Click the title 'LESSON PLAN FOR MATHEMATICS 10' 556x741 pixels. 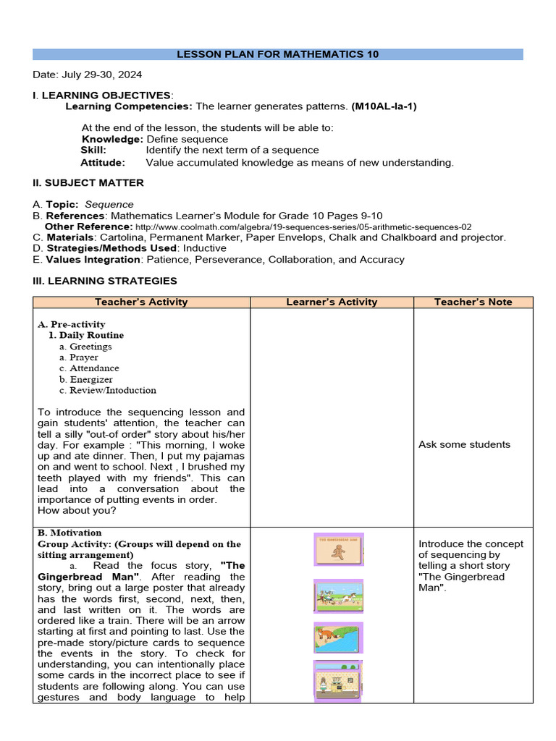pyautogui.click(x=278, y=54)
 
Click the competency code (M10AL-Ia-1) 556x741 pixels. pyautogui.click(x=384, y=106)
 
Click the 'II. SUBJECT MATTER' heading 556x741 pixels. pyautogui.click(x=88, y=183)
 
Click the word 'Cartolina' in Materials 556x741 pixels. pyautogui.click(x=122, y=237)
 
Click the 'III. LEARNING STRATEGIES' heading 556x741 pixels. pyautogui.click(x=105, y=281)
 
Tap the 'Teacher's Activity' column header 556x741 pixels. pyautogui.click(x=141, y=302)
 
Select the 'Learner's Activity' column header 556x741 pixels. pyautogui.click(x=332, y=302)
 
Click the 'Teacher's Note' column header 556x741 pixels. pyautogui.click(x=473, y=302)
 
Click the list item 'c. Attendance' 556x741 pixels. pyautogui.click(x=89, y=368)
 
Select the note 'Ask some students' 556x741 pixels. pyautogui.click(x=464, y=444)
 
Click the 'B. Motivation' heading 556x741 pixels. pyautogui.click(x=69, y=533)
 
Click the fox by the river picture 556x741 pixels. pyautogui.click(x=339, y=638)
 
